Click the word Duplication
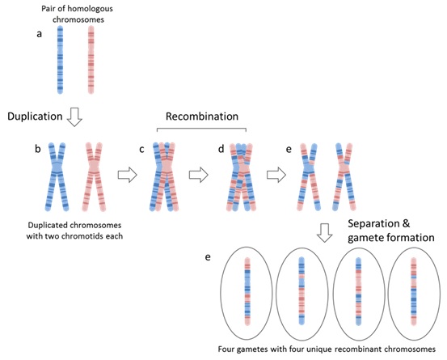35,116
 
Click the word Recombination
202,116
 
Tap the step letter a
40,34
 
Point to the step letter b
38,149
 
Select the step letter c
141,149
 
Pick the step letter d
221,149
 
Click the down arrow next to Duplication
74,117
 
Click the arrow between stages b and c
128,175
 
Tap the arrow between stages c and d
199,175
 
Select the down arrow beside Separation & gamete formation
325,233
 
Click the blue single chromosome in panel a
60,60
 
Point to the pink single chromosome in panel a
91,60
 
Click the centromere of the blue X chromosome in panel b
57,167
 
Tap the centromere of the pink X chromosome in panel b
94,167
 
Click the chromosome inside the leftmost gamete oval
247,291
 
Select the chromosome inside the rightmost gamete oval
414,291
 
